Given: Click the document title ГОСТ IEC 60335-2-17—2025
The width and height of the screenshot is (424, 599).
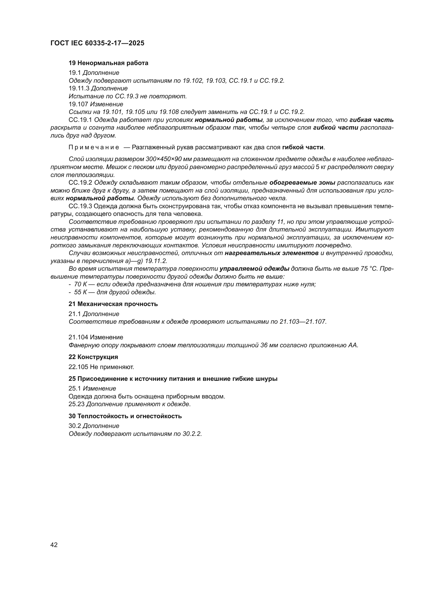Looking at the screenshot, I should [97, 43].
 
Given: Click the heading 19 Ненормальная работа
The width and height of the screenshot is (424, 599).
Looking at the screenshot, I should [108, 63].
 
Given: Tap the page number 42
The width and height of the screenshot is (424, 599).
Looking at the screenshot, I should [54, 545].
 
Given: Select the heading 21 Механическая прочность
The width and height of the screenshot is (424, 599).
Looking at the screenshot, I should [113, 304].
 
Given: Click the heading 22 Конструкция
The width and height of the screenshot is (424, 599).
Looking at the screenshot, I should [93, 357].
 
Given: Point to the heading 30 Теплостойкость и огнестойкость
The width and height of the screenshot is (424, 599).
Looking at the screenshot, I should [125, 416].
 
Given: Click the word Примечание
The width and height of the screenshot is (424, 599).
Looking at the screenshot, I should [94, 148].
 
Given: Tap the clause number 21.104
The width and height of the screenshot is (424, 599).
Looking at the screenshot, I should [78, 337].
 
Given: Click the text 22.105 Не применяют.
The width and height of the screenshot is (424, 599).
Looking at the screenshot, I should [101, 367].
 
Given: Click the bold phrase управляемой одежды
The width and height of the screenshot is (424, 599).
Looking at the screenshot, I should [255, 269].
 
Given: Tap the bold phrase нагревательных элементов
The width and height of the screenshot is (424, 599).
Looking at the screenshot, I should [271, 253].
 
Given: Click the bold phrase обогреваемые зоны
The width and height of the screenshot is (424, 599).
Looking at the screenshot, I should [302, 183].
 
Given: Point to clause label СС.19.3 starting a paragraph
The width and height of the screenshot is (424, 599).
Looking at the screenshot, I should [80, 206].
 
